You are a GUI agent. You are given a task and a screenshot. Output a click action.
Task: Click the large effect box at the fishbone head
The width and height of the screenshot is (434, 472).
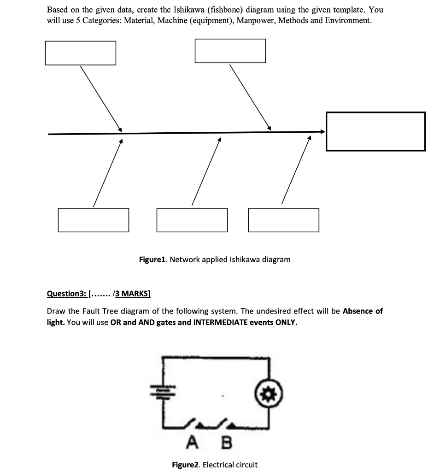coord(375,131)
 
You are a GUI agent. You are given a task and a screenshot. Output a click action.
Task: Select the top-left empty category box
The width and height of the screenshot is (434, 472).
coord(80,53)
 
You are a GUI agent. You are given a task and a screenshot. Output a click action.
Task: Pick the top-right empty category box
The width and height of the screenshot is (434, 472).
coord(230,51)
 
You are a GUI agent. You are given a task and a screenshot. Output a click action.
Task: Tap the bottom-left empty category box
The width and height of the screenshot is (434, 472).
coord(93,220)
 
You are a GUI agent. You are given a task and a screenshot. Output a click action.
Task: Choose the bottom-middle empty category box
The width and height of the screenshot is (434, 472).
coord(192,220)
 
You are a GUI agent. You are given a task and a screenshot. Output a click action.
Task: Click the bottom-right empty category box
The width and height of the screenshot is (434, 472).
coord(283,220)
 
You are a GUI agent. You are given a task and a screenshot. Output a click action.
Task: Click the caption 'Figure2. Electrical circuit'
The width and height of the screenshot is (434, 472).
coord(214,465)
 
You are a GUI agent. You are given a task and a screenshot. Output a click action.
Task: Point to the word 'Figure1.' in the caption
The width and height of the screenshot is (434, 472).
coord(153,260)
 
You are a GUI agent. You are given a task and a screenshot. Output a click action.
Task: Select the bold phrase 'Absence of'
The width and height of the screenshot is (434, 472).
coord(363,311)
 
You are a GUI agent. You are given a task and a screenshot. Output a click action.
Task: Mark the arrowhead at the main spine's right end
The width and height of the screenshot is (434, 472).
coord(323,132)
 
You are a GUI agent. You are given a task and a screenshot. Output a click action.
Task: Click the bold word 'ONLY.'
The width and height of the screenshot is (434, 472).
coord(286,322)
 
